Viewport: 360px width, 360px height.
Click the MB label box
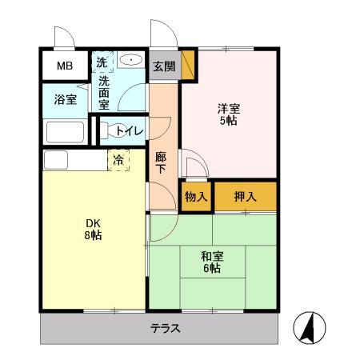62,66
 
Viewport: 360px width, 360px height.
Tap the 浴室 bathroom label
66,101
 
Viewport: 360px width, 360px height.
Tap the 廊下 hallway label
161,162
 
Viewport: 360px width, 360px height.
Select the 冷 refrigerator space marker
118,160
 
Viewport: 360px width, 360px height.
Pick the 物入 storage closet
196,197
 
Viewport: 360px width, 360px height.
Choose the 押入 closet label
244,197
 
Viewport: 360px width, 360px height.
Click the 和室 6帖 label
213,262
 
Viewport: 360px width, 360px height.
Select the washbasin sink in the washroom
130,61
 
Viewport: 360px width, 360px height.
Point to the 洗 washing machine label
102,61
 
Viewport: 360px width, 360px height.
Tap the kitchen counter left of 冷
74,160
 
